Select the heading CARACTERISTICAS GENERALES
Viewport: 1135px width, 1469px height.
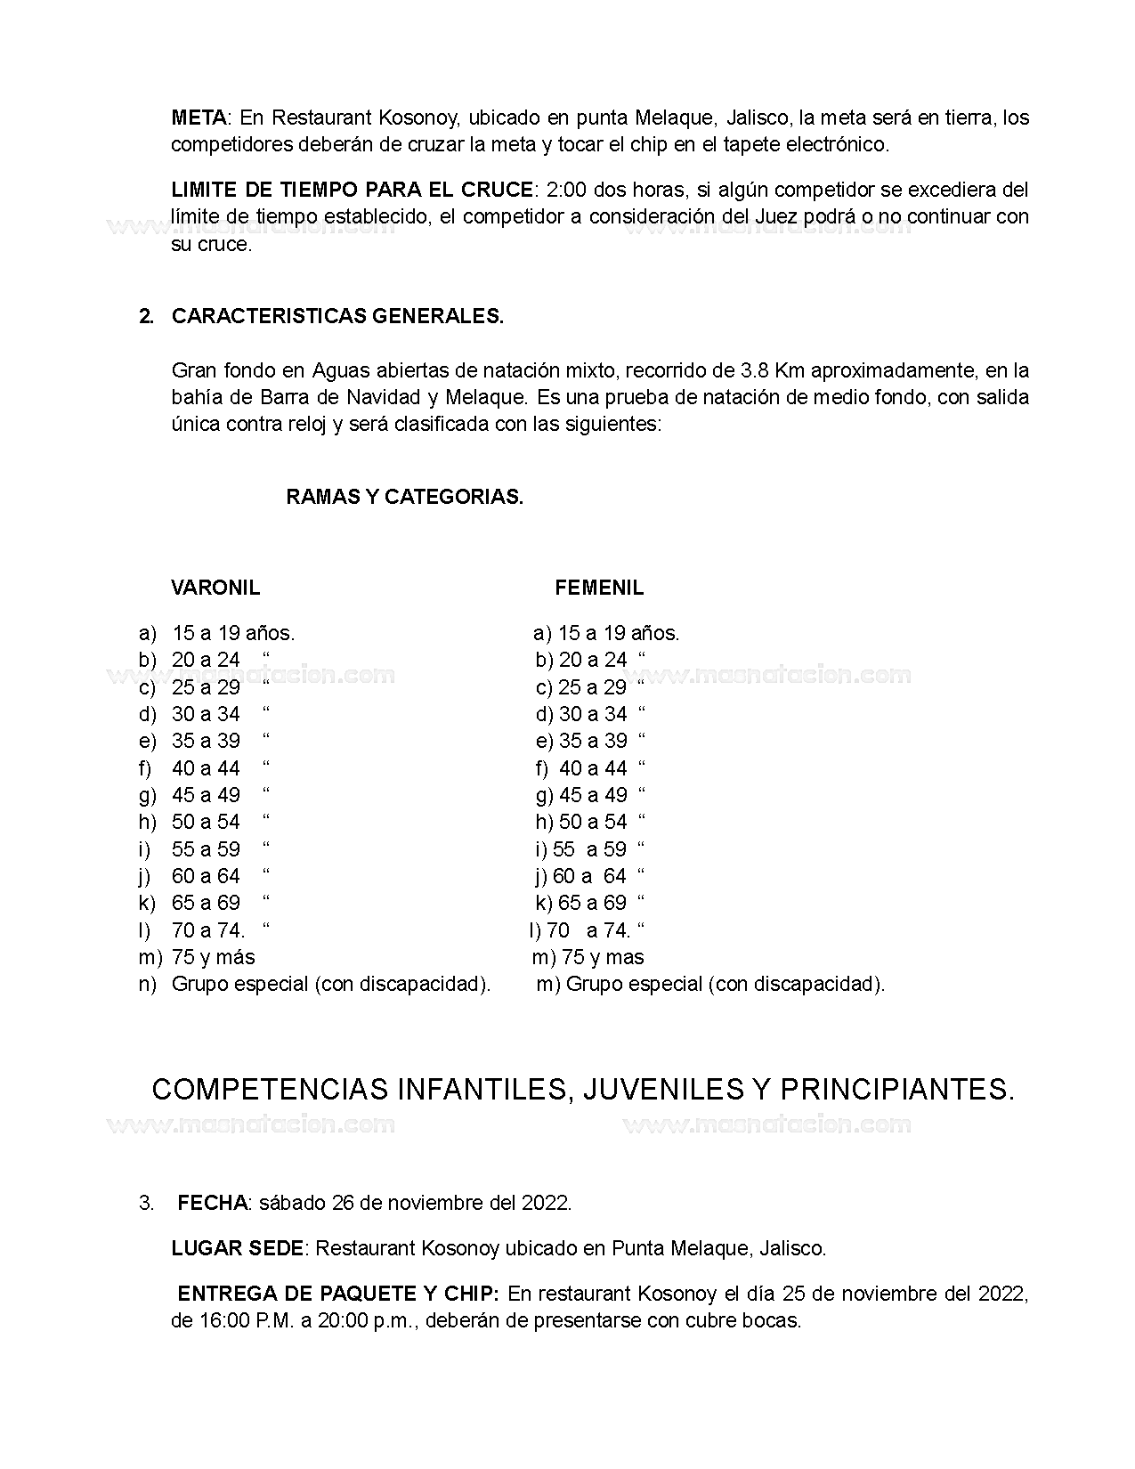click(337, 316)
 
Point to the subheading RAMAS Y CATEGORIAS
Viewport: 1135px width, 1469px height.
click(404, 497)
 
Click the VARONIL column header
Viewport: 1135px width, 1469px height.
click(215, 588)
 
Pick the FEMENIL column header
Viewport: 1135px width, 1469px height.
click(599, 588)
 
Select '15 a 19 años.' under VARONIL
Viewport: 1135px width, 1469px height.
click(233, 633)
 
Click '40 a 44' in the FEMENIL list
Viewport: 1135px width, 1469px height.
click(593, 768)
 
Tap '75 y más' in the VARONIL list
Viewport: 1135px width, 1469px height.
click(213, 957)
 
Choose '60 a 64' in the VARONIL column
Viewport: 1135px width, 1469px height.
click(206, 876)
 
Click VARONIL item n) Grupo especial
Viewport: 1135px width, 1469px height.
click(330, 984)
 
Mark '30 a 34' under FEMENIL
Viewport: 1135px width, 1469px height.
click(593, 714)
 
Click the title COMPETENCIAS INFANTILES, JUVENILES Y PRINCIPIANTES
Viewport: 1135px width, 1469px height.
click(583, 1090)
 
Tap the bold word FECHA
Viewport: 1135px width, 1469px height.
click(212, 1203)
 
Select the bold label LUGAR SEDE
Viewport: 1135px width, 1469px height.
click(238, 1248)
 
